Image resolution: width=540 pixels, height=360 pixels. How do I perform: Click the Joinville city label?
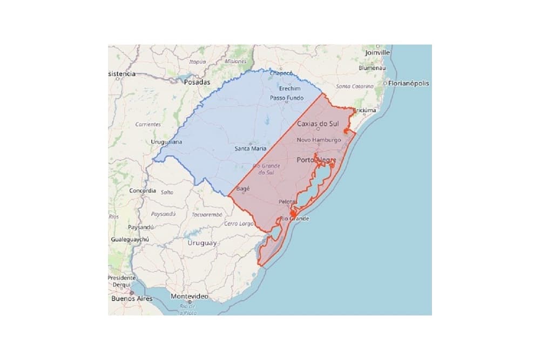pos(377,53)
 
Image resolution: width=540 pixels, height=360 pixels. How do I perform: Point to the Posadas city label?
pos(196,83)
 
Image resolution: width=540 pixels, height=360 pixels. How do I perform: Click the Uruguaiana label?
pos(166,142)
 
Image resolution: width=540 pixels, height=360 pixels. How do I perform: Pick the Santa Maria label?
pos(250,148)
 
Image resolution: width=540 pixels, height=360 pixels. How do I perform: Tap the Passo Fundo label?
pos(287,98)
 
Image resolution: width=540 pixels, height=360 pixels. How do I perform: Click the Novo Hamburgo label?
pos(319,140)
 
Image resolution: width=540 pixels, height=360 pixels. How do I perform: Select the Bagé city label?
pos(243,189)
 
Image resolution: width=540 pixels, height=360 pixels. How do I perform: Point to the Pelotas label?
pos(287,202)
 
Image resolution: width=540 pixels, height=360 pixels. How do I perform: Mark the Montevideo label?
pos(189,297)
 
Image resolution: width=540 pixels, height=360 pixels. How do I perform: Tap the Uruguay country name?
pos(202,243)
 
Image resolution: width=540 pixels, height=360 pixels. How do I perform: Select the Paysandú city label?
pos(141,227)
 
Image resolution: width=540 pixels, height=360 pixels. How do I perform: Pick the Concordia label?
pos(143,191)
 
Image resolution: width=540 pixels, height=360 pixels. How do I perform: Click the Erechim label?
pos(290,88)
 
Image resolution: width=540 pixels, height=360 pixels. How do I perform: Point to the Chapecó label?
pos(281,73)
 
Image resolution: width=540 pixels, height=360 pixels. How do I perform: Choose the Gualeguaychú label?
pos(130,239)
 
